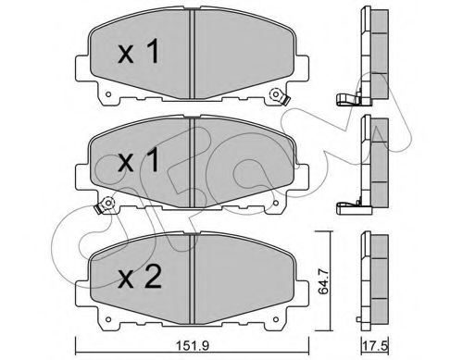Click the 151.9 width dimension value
tap(193, 345)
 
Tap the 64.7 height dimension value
tap(323, 281)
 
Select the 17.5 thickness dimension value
tap(376, 345)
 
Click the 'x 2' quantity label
tap(140, 278)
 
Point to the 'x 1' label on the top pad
tap(139, 51)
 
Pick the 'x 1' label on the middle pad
tap(139, 159)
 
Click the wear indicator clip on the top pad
tap(279, 96)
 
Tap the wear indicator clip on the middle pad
tap(105, 205)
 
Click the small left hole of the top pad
tap(108, 94)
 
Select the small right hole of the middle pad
tap(276, 203)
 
